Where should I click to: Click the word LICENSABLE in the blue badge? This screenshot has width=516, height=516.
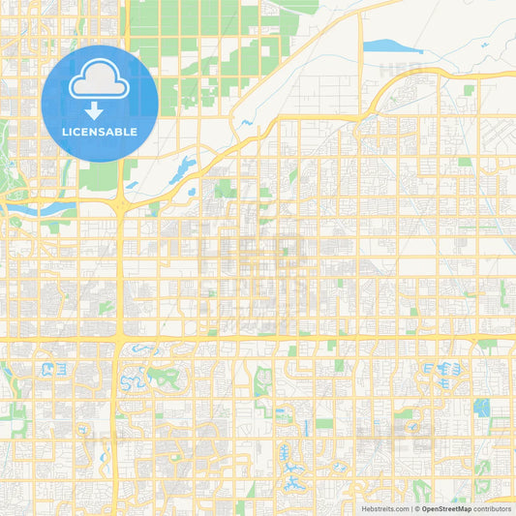coord(101,132)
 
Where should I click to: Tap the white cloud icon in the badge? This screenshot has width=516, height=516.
coord(101,82)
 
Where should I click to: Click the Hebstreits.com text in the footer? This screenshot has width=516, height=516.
coord(386,507)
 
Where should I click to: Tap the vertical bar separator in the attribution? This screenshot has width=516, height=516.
coord(414,507)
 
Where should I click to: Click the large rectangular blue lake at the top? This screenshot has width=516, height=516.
coord(385,46)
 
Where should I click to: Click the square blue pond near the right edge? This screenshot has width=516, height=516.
coord(480,408)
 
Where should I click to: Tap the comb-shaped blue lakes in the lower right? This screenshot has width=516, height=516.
coord(441,368)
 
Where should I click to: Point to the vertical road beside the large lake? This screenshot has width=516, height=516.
coord(361,48)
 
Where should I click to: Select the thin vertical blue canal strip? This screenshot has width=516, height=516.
coord(305,426)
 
